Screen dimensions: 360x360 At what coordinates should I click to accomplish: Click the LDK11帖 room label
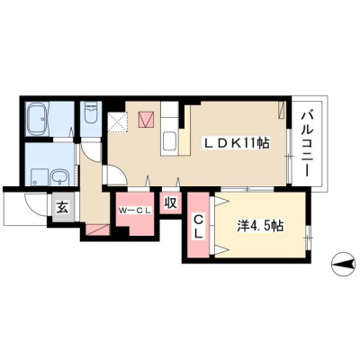[x=237, y=144]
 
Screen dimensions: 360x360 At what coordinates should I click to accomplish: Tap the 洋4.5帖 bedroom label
[x=260, y=226]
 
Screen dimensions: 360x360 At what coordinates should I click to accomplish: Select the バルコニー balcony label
[x=307, y=144]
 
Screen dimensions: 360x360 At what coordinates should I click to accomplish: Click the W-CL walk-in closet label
[x=134, y=211]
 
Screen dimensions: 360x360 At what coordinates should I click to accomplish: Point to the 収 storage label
[x=170, y=203]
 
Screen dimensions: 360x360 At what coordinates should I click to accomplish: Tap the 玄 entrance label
[x=62, y=207]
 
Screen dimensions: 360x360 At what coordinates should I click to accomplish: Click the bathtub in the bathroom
[x=38, y=118]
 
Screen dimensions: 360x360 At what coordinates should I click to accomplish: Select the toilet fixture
[x=91, y=112]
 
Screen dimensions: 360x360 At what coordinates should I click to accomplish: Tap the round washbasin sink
[x=60, y=177]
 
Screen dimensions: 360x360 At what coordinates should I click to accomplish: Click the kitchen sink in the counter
[x=170, y=141]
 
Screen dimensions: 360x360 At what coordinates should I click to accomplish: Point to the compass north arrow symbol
[x=343, y=264]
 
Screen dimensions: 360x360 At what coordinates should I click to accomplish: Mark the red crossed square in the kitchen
[x=146, y=120]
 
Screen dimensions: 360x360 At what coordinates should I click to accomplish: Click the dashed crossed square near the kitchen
[x=118, y=122]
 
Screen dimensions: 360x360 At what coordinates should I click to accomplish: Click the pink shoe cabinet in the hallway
[x=97, y=229]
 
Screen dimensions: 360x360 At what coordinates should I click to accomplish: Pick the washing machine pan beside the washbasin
[x=40, y=177]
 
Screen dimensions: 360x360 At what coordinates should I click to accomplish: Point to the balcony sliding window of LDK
[x=289, y=156]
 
